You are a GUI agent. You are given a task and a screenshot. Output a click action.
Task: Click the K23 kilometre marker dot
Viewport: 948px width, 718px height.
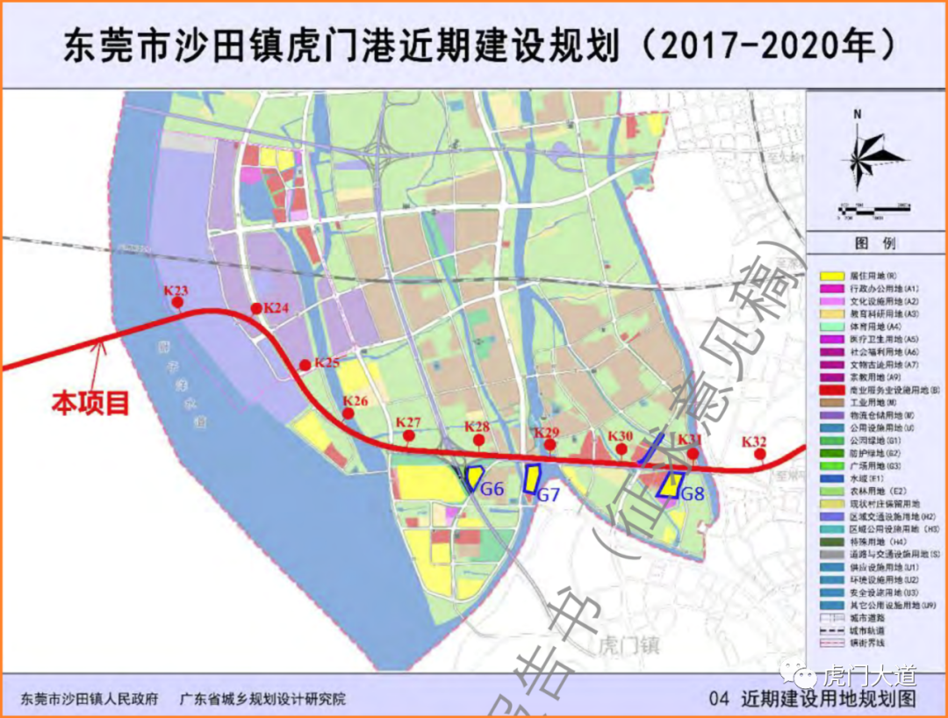tap(177, 304)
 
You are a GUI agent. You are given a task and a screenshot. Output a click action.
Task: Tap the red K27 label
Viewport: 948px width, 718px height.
tap(408, 422)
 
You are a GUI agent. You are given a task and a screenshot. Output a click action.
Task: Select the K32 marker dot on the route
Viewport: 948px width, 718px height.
tap(760, 455)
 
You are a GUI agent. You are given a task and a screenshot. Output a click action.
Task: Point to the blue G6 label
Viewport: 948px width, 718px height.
tap(492, 489)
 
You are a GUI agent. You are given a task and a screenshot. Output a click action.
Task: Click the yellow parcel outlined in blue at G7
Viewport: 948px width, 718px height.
tap(531, 478)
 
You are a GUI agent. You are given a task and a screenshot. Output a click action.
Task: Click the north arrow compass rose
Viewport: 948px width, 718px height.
tap(858, 158)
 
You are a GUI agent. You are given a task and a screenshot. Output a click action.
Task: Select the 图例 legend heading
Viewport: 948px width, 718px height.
tap(875, 243)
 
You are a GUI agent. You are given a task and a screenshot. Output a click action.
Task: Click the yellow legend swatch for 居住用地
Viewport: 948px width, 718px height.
tap(830, 276)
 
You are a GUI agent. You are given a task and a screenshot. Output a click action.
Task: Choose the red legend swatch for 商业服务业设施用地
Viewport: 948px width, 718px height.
tap(830, 389)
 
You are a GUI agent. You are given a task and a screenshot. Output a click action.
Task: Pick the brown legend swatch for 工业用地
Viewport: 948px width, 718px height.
tap(830, 401)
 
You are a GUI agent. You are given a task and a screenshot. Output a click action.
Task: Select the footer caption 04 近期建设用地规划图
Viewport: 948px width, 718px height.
tap(816, 700)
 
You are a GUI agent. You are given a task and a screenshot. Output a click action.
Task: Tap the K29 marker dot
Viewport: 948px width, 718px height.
tap(549, 446)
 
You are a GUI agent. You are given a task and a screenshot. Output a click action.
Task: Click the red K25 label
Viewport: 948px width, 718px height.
tap(327, 363)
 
